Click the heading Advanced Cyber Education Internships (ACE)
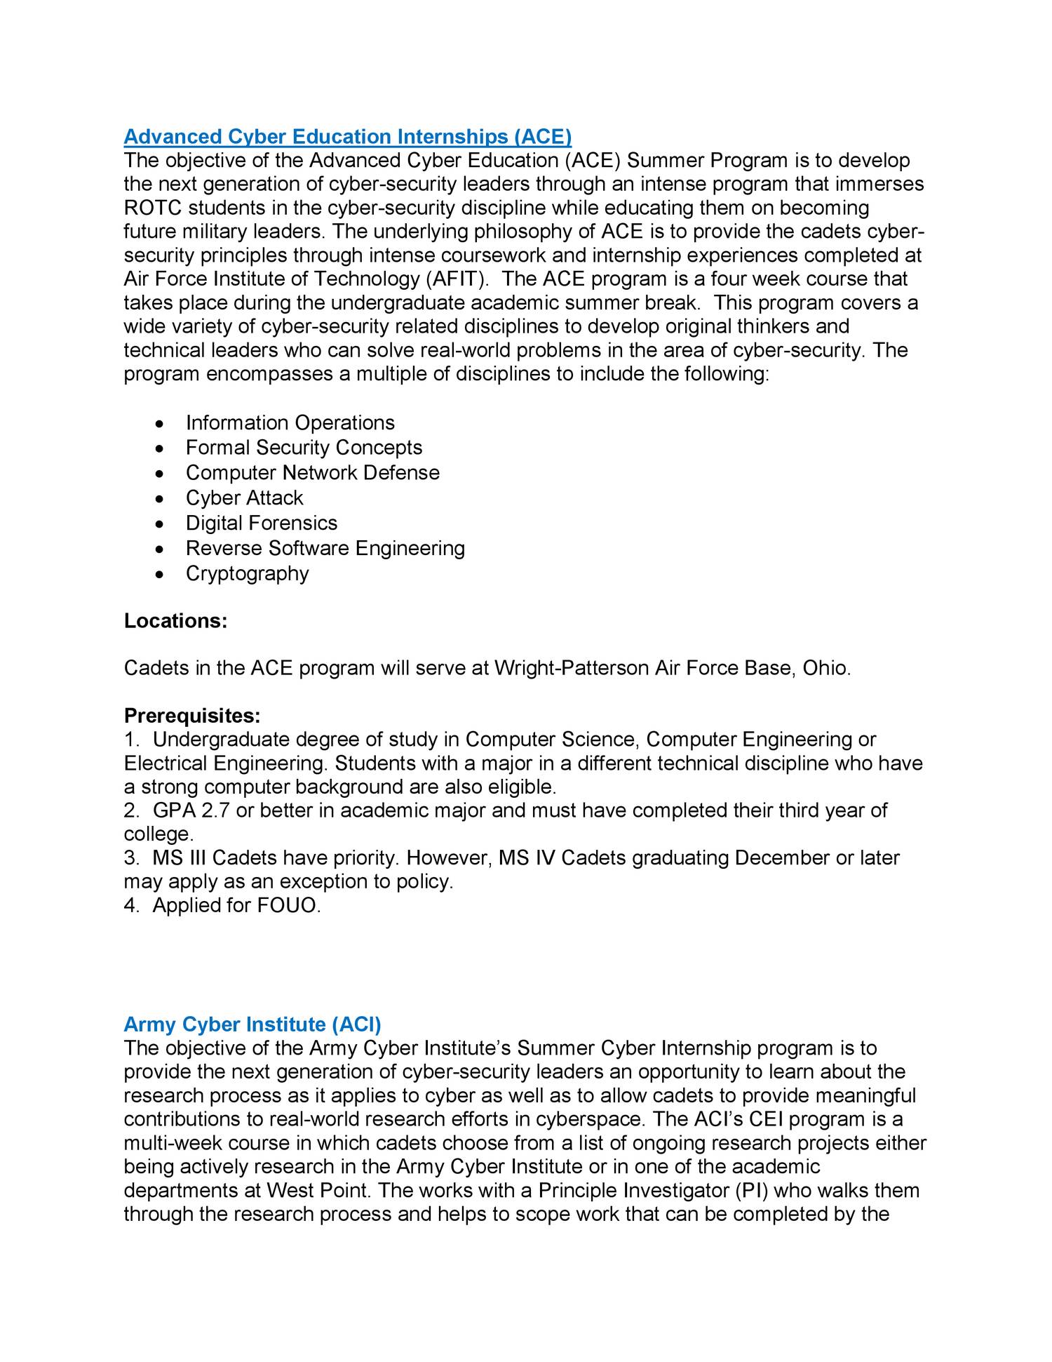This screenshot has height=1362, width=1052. tap(348, 136)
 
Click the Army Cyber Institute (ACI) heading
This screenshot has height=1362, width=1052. tap(252, 1024)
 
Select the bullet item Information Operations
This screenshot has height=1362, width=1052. tap(290, 422)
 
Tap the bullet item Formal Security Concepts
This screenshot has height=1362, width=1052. tap(304, 448)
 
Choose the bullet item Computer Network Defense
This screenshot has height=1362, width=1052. tap(312, 472)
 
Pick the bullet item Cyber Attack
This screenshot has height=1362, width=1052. tap(244, 498)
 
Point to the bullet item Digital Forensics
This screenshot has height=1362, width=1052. tap(261, 523)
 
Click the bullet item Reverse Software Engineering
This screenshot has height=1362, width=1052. tap(325, 548)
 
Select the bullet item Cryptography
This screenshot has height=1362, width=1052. tap(247, 573)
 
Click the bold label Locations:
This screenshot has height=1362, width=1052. tap(175, 621)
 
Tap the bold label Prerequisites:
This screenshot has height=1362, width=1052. tap(192, 716)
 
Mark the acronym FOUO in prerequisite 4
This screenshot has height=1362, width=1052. tap(288, 905)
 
